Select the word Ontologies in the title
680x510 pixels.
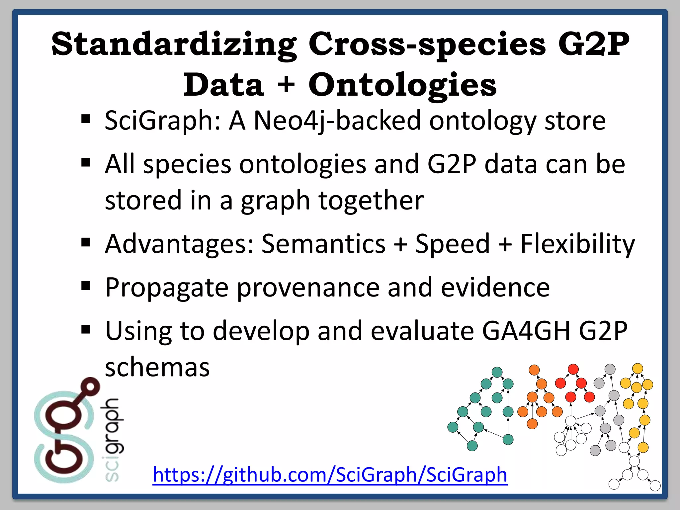tap(402, 85)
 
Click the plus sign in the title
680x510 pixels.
tap(286, 85)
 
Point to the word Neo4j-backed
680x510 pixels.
tap(337, 121)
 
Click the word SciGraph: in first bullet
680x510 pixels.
tap(163, 121)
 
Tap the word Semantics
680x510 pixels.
tap(323, 244)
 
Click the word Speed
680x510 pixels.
tap(452, 244)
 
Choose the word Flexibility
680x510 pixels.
tap(577, 244)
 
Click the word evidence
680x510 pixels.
tap(495, 287)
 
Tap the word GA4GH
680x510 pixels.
tap(526, 331)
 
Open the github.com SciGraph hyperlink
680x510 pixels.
tap(330, 474)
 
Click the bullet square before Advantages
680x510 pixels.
tap(86, 242)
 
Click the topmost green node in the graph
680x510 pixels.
tap(497, 372)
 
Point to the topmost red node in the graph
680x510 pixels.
tap(573, 369)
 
